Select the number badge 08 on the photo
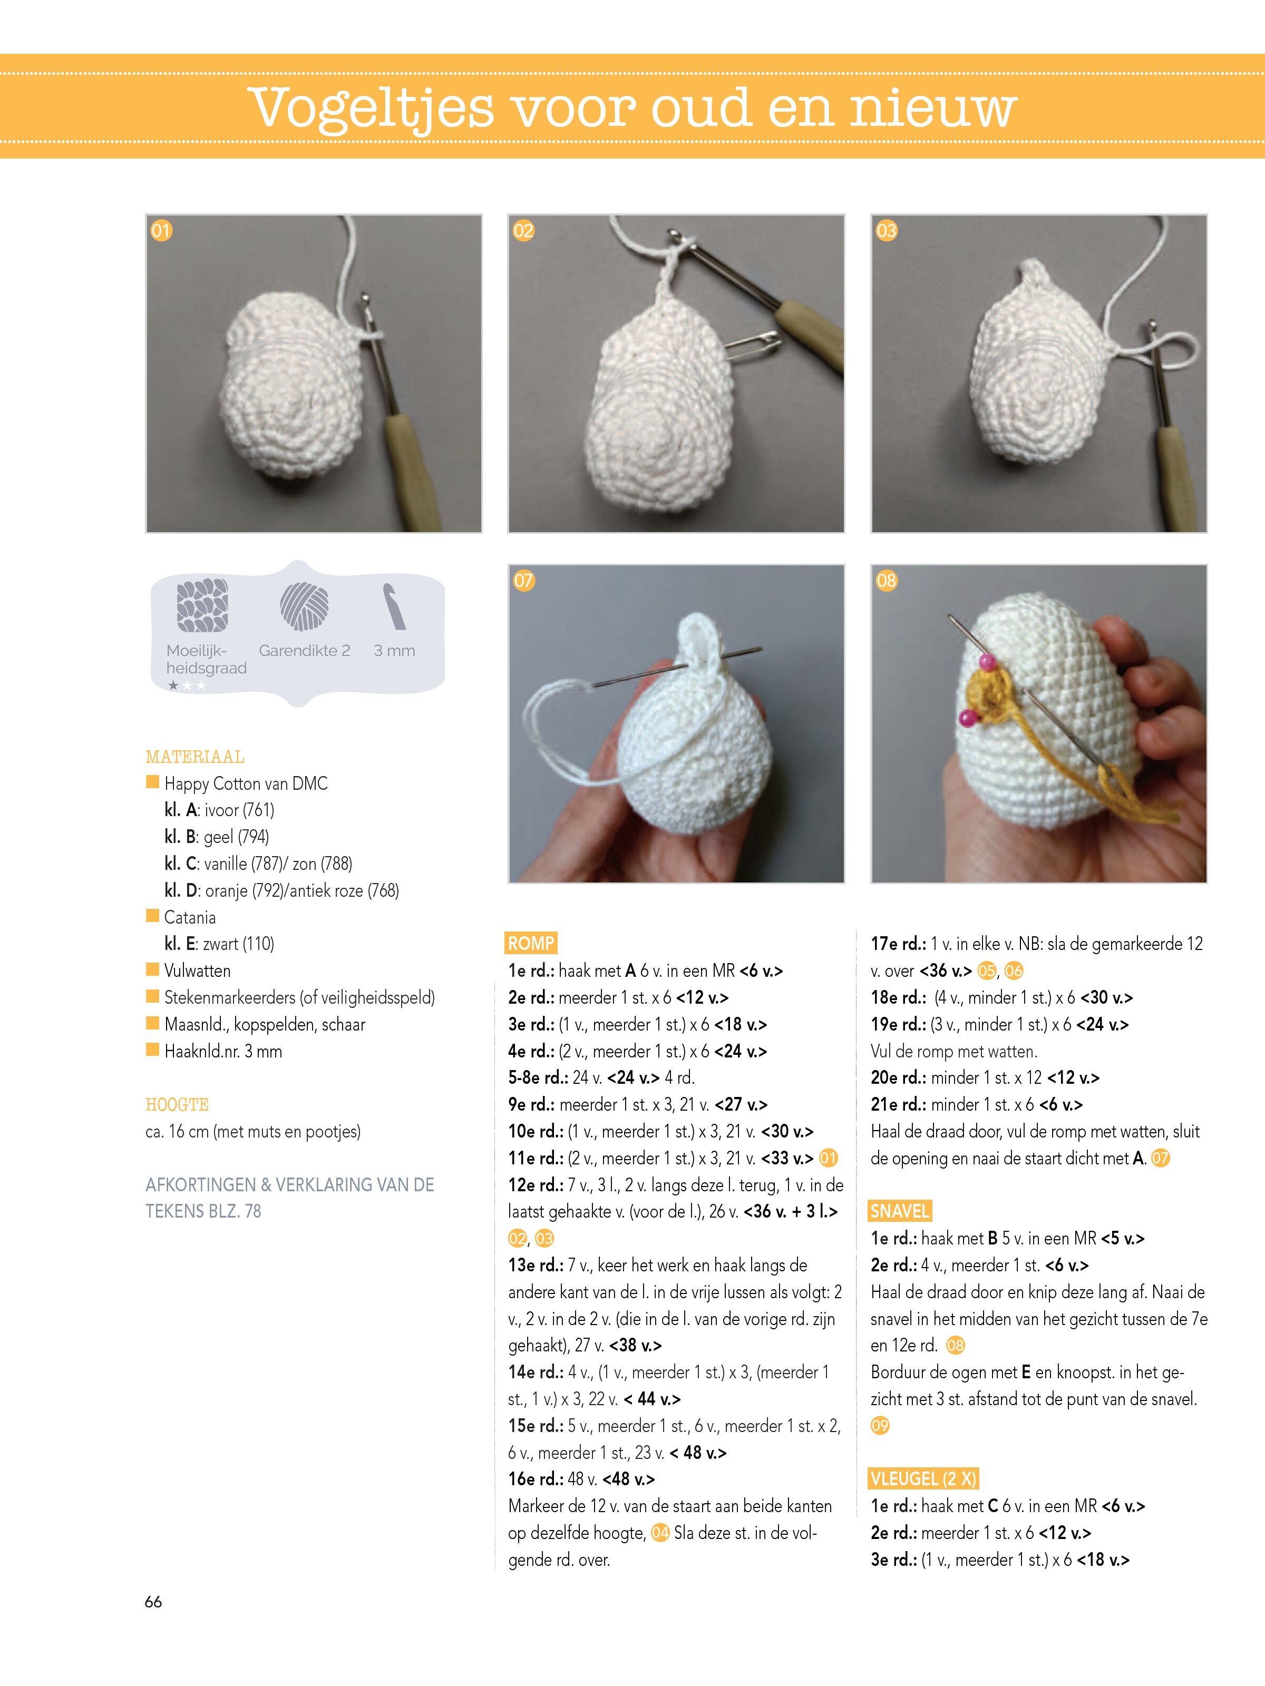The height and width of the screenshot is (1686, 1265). pos(886,581)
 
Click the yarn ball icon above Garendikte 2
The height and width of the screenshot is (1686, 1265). pos(304,607)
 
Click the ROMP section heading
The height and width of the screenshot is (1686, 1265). pos(531,943)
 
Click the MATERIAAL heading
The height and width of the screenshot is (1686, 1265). pos(194,757)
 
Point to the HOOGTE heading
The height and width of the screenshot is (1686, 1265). pos(177,1104)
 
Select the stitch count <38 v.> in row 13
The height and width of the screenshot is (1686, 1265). pos(635,1345)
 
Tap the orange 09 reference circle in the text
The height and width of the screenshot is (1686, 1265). pos(880,1425)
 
